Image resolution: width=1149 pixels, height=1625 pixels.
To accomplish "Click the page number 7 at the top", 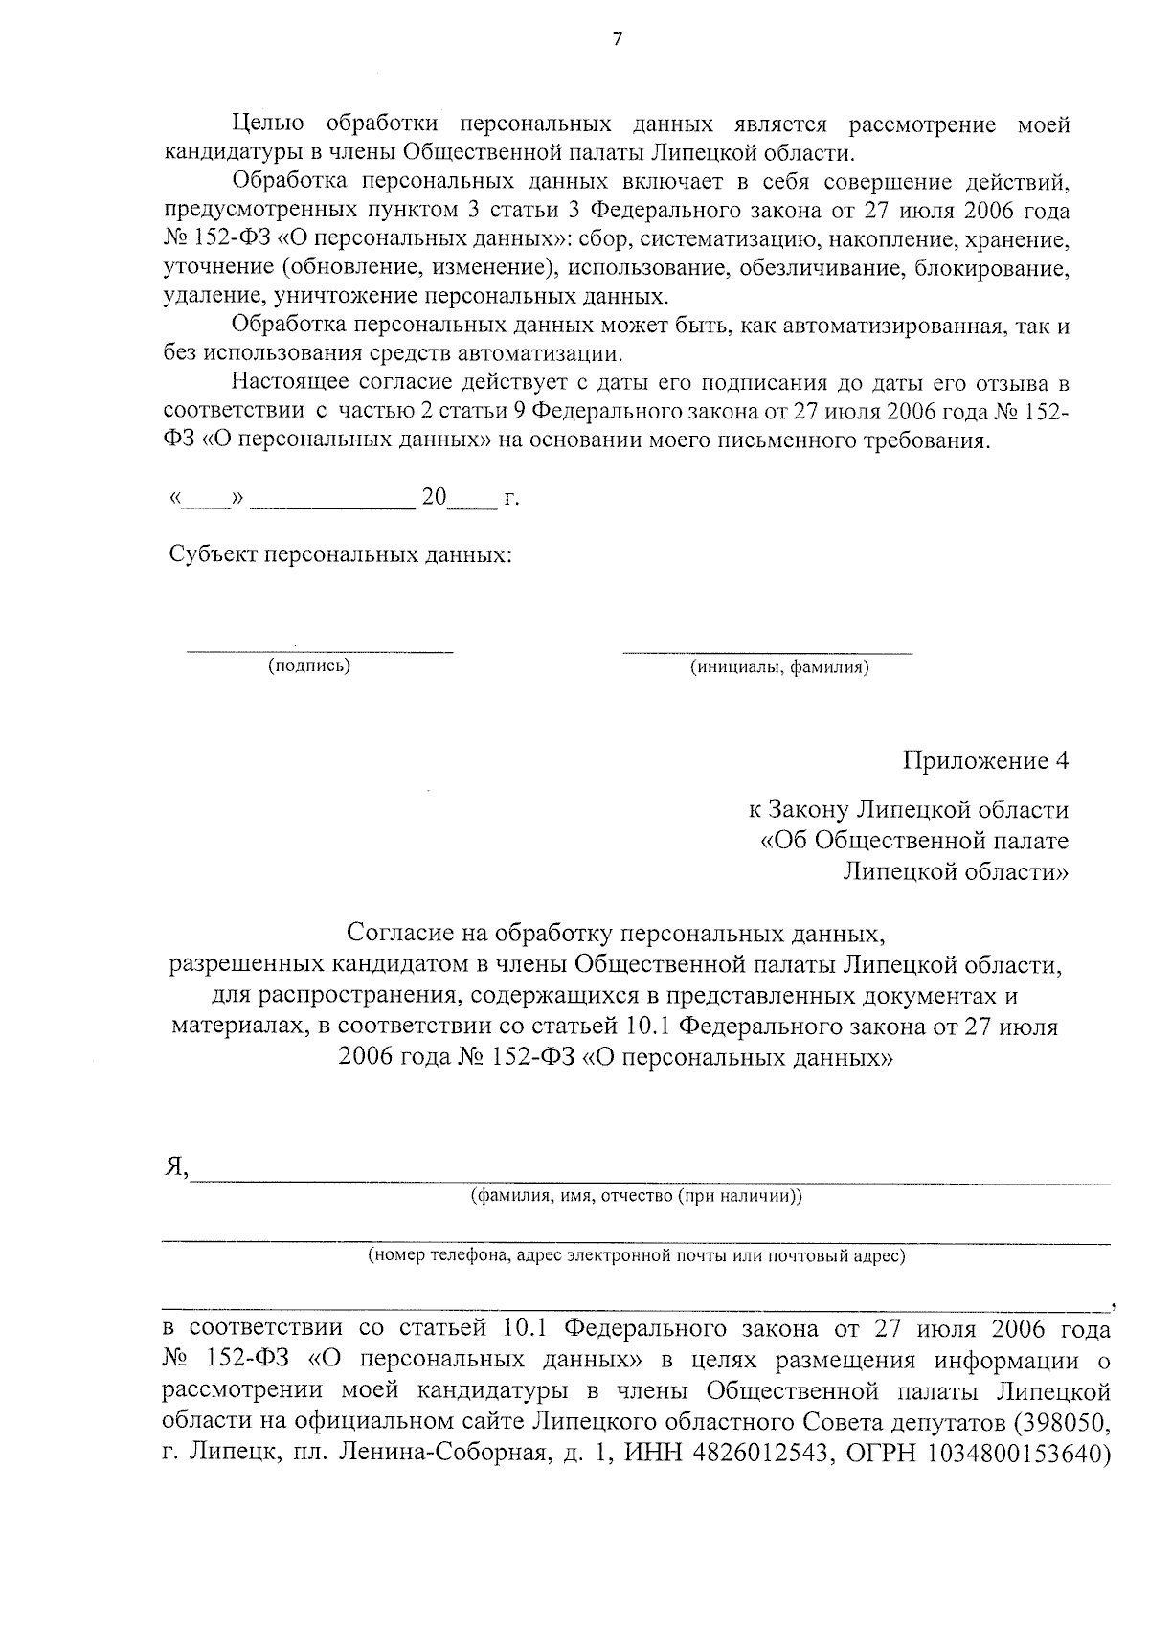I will pos(617,39).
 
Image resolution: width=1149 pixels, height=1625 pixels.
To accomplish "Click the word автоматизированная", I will pos(893,327).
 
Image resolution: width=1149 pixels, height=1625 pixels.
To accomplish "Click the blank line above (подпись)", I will pos(320,652).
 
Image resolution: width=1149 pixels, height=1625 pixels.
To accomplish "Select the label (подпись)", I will pos(309,666).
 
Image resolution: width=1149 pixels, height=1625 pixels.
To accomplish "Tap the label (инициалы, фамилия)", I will pos(779,667).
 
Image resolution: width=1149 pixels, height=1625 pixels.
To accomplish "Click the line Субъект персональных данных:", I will pos(340,555).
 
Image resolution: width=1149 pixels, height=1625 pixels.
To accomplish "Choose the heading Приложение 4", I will pos(984,761).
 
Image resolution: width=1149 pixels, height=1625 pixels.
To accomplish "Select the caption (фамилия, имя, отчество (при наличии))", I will pos(636,1196).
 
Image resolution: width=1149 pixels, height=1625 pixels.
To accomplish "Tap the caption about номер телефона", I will pos(637,1255).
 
